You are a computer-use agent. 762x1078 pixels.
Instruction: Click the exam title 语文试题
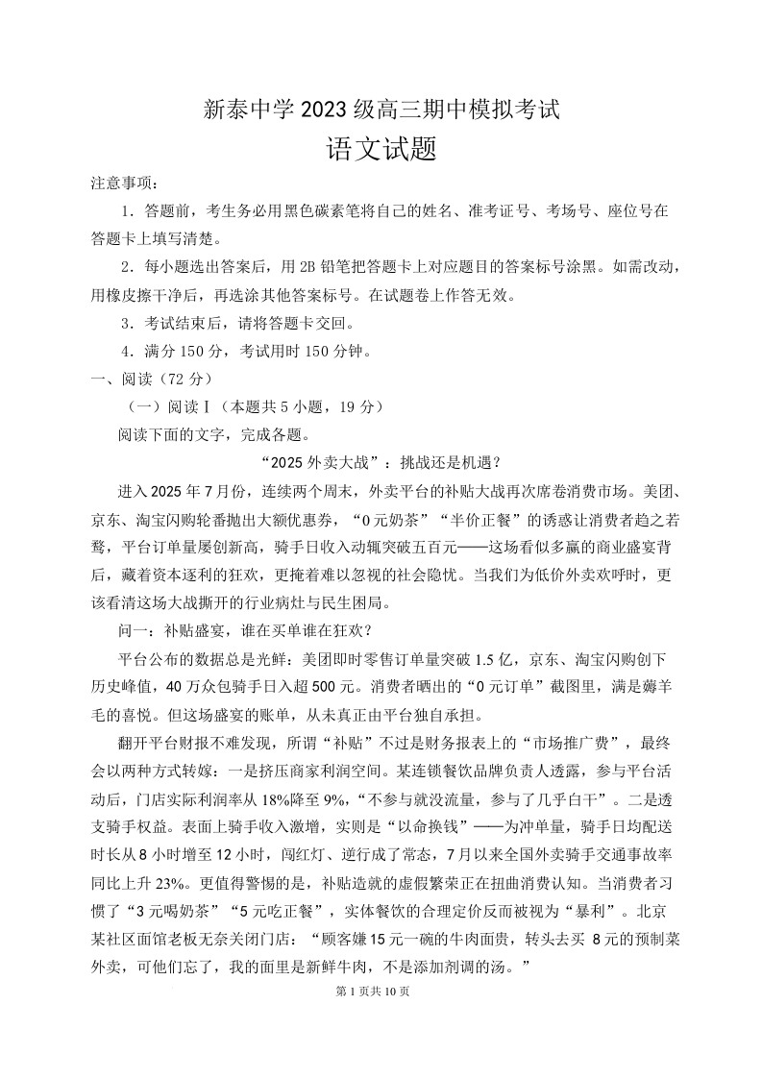tap(381, 149)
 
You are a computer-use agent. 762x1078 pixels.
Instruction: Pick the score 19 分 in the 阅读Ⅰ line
tap(352, 406)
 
